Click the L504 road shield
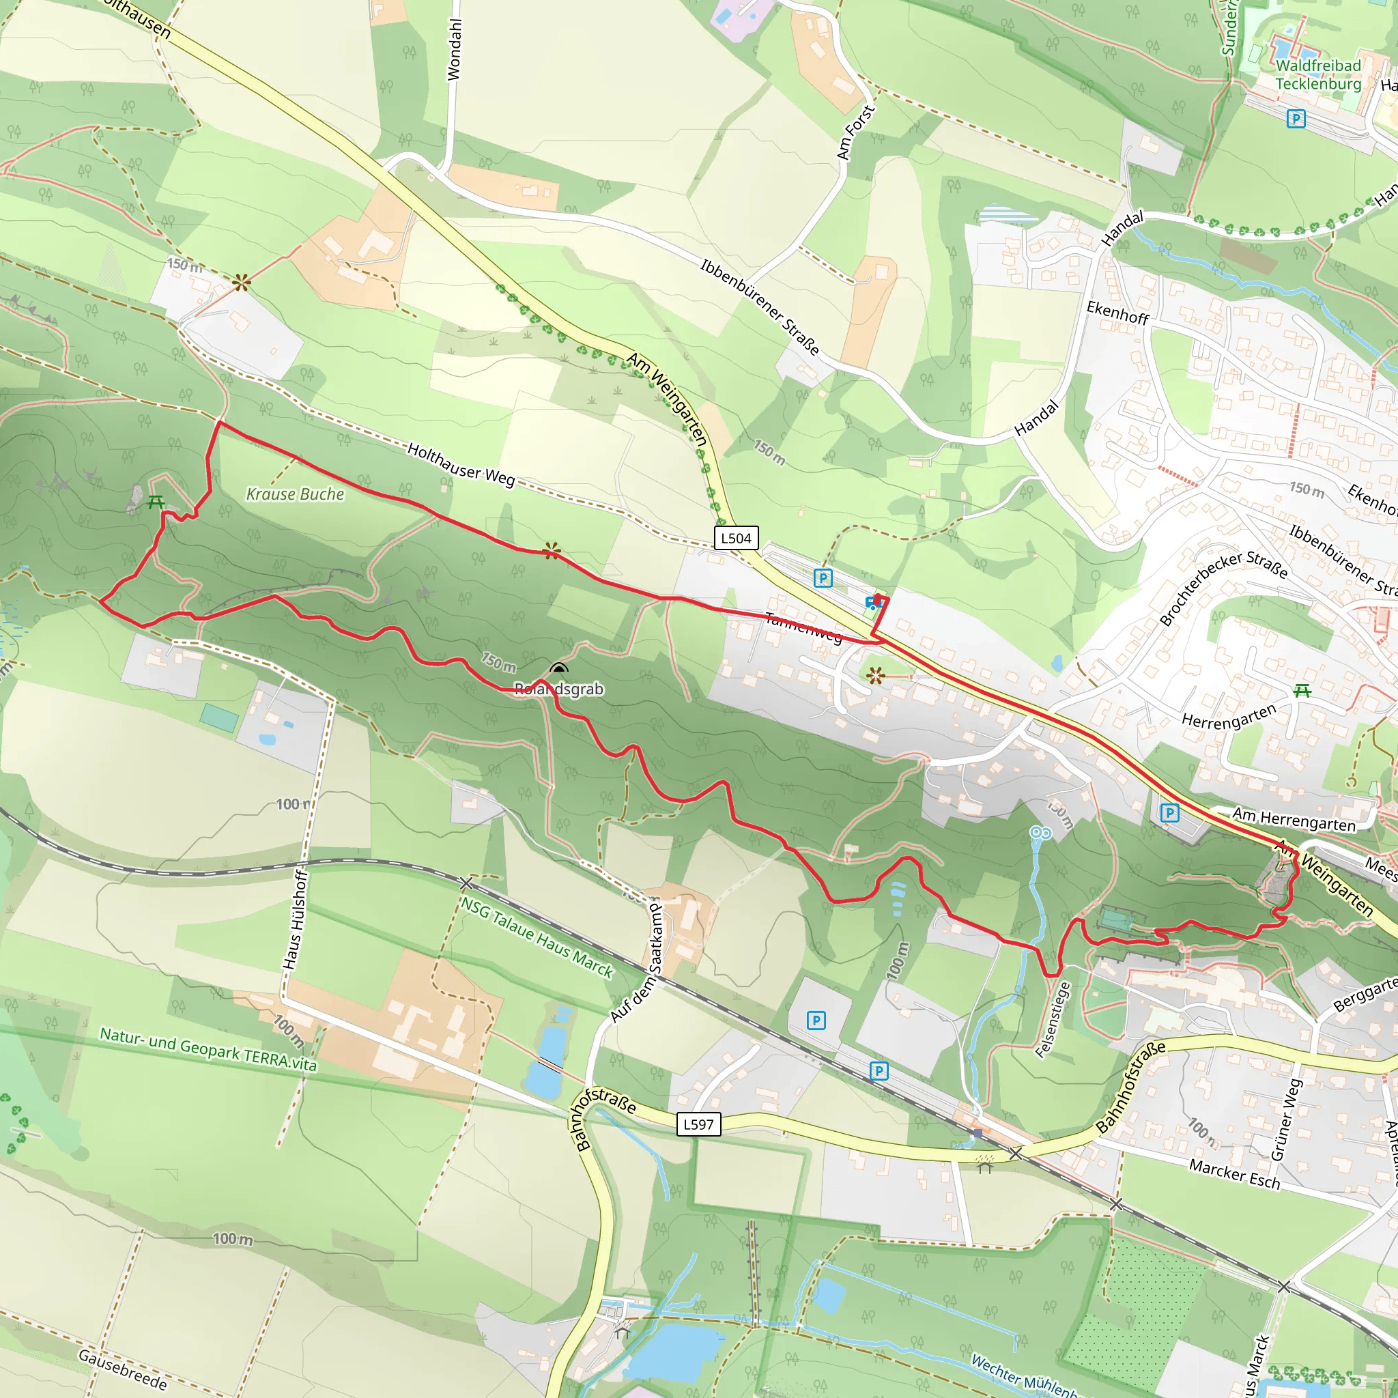coord(736,538)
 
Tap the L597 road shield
coord(698,1124)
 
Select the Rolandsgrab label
coord(558,689)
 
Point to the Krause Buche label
coord(295,494)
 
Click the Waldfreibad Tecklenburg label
coord(1317,74)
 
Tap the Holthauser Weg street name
coord(461,465)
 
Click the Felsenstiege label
coord(1053,1020)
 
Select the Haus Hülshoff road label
coord(295,919)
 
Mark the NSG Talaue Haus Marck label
coord(537,938)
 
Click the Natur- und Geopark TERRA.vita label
coord(208,1049)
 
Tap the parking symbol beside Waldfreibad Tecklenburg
coord(1296,119)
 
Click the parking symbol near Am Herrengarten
coord(1169,812)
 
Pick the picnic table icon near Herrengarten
coord(1302,691)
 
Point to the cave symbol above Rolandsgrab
coord(558,668)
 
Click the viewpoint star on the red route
coord(552,552)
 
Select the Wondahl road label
coord(454,49)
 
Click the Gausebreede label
coord(122,1369)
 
